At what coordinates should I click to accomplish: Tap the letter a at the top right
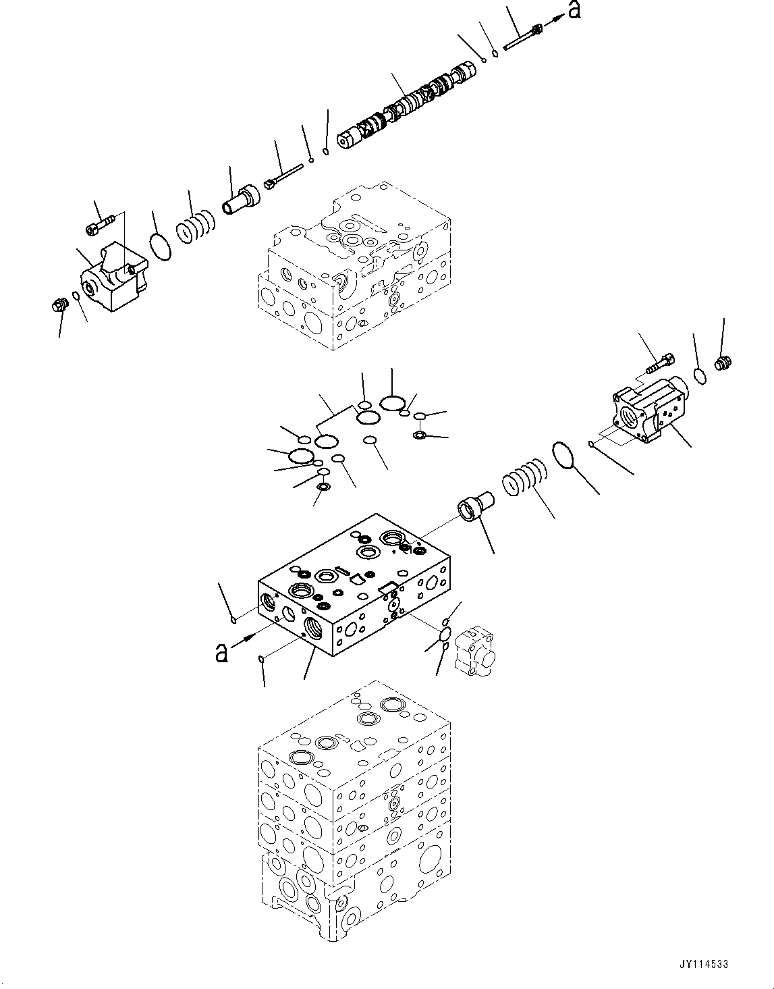(574, 10)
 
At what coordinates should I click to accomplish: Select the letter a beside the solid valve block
(221, 652)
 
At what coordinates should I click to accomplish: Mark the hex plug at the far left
(58, 304)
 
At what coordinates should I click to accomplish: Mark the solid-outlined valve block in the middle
(351, 587)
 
